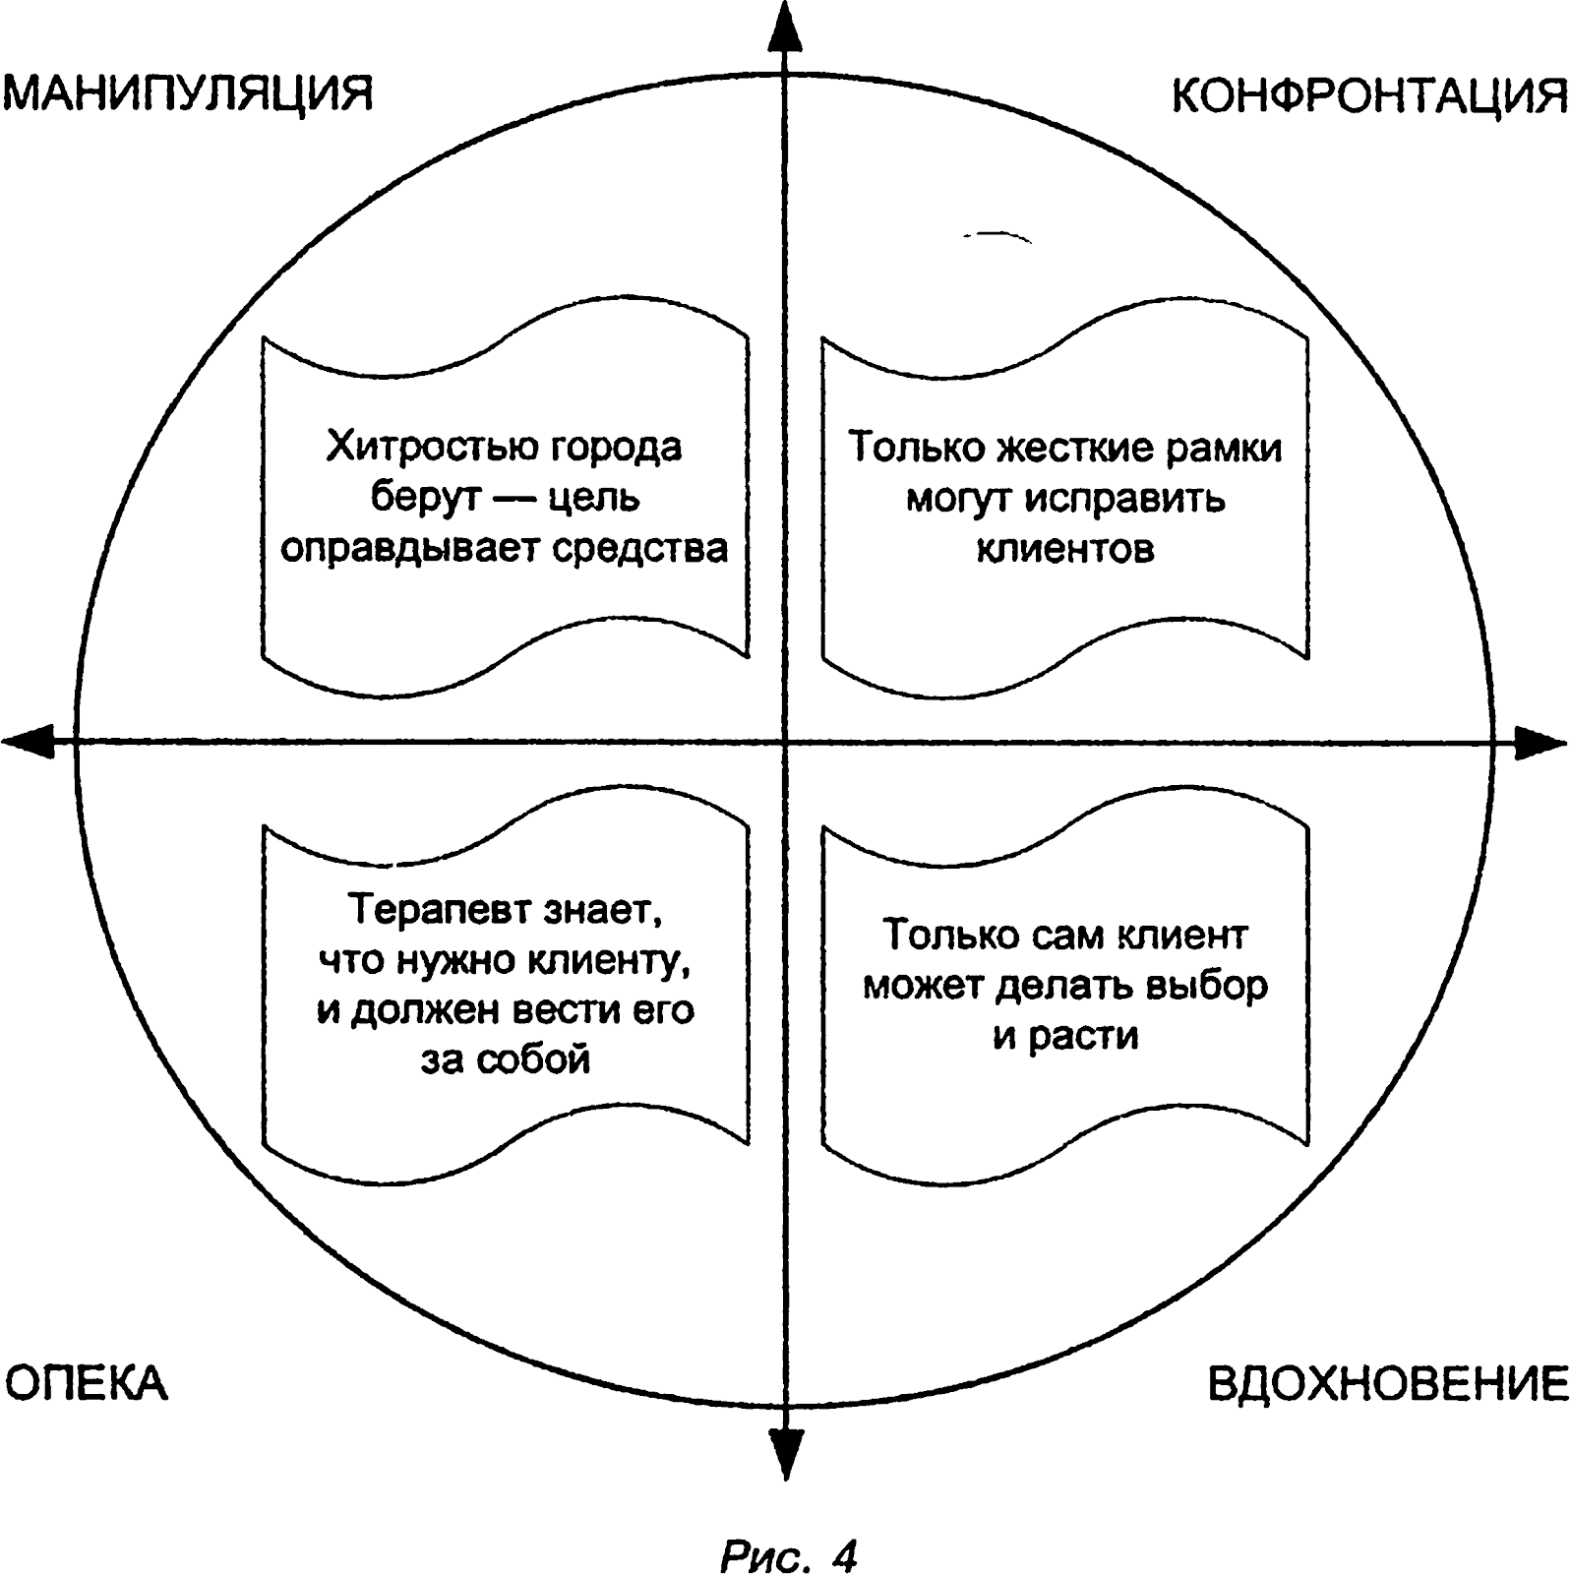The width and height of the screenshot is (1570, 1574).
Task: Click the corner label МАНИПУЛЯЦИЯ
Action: click(x=190, y=96)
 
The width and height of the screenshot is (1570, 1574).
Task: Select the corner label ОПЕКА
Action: click(x=87, y=1384)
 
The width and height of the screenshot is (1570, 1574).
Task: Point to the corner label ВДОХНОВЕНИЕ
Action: click(x=1387, y=1384)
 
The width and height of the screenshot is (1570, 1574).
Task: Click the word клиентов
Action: click(x=1065, y=548)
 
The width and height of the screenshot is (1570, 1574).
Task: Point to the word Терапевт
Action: click(x=439, y=909)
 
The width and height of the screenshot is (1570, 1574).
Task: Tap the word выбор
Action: click(x=1210, y=986)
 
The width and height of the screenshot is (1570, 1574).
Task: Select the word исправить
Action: click(x=1124, y=499)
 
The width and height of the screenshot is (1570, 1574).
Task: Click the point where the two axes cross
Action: click(x=784, y=742)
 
